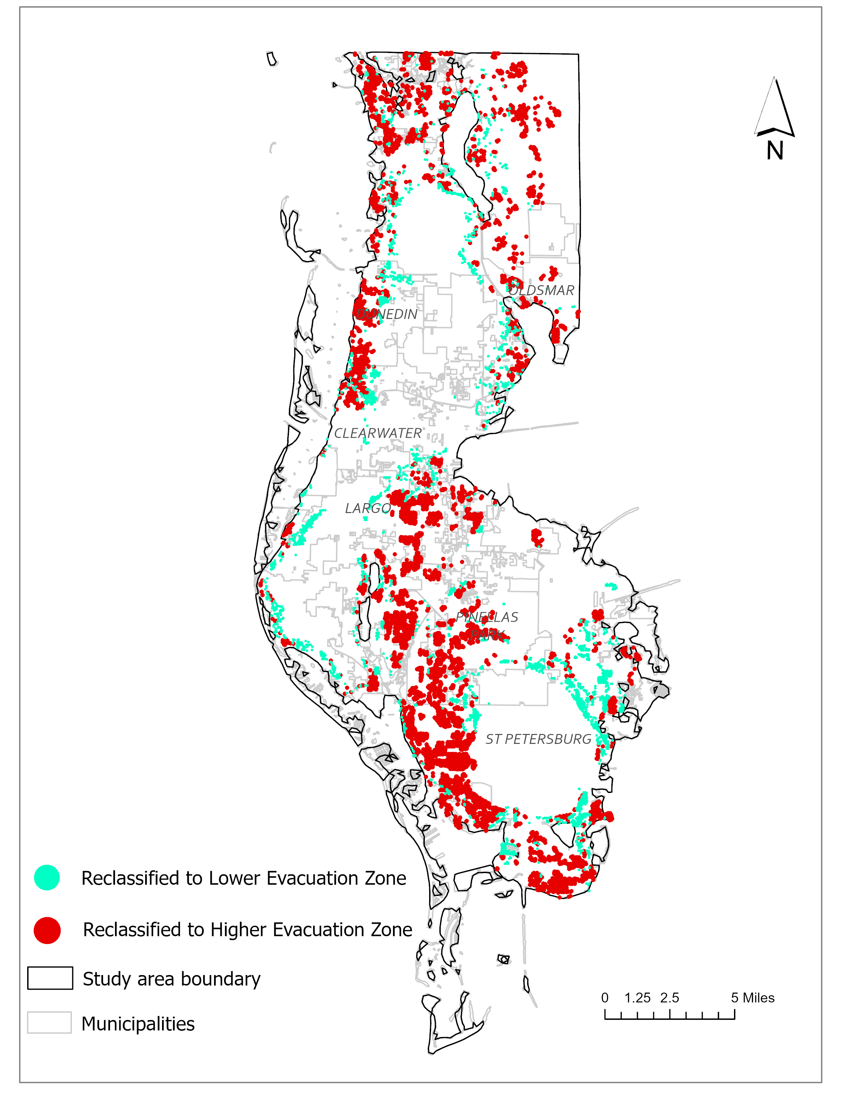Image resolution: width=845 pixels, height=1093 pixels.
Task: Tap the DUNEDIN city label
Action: pyautogui.click(x=387, y=314)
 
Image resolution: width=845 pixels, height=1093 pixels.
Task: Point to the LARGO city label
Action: pyautogui.click(x=368, y=508)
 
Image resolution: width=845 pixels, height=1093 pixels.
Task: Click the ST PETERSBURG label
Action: pyautogui.click(x=538, y=739)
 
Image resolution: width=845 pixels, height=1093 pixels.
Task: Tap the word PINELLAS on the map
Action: pyautogui.click(x=486, y=617)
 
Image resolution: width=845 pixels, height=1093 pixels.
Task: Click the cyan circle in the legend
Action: pyautogui.click(x=47, y=878)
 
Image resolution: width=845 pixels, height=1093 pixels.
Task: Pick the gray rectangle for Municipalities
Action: pyautogui.click(x=49, y=1022)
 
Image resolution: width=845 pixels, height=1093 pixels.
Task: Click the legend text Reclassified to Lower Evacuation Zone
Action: pyautogui.click(x=244, y=878)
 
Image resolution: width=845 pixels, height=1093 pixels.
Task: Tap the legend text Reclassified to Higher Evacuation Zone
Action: pyautogui.click(x=247, y=930)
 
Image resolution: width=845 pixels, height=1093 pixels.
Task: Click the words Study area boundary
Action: pyautogui.click(x=172, y=979)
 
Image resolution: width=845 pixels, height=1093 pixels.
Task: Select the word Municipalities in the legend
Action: pyautogui.click(x=138, y=1024)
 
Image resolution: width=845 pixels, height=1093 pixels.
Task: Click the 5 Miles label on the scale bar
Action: pyautogui.click(x=753, y=998)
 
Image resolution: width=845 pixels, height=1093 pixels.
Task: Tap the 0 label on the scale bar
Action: pyautogui.click(x=605, y=998)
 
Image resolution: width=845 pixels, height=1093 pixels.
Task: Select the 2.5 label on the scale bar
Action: pyautogui.click(x=669, y=998)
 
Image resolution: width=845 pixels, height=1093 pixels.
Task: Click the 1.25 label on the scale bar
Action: pyautogui.click(x=637, y=998)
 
